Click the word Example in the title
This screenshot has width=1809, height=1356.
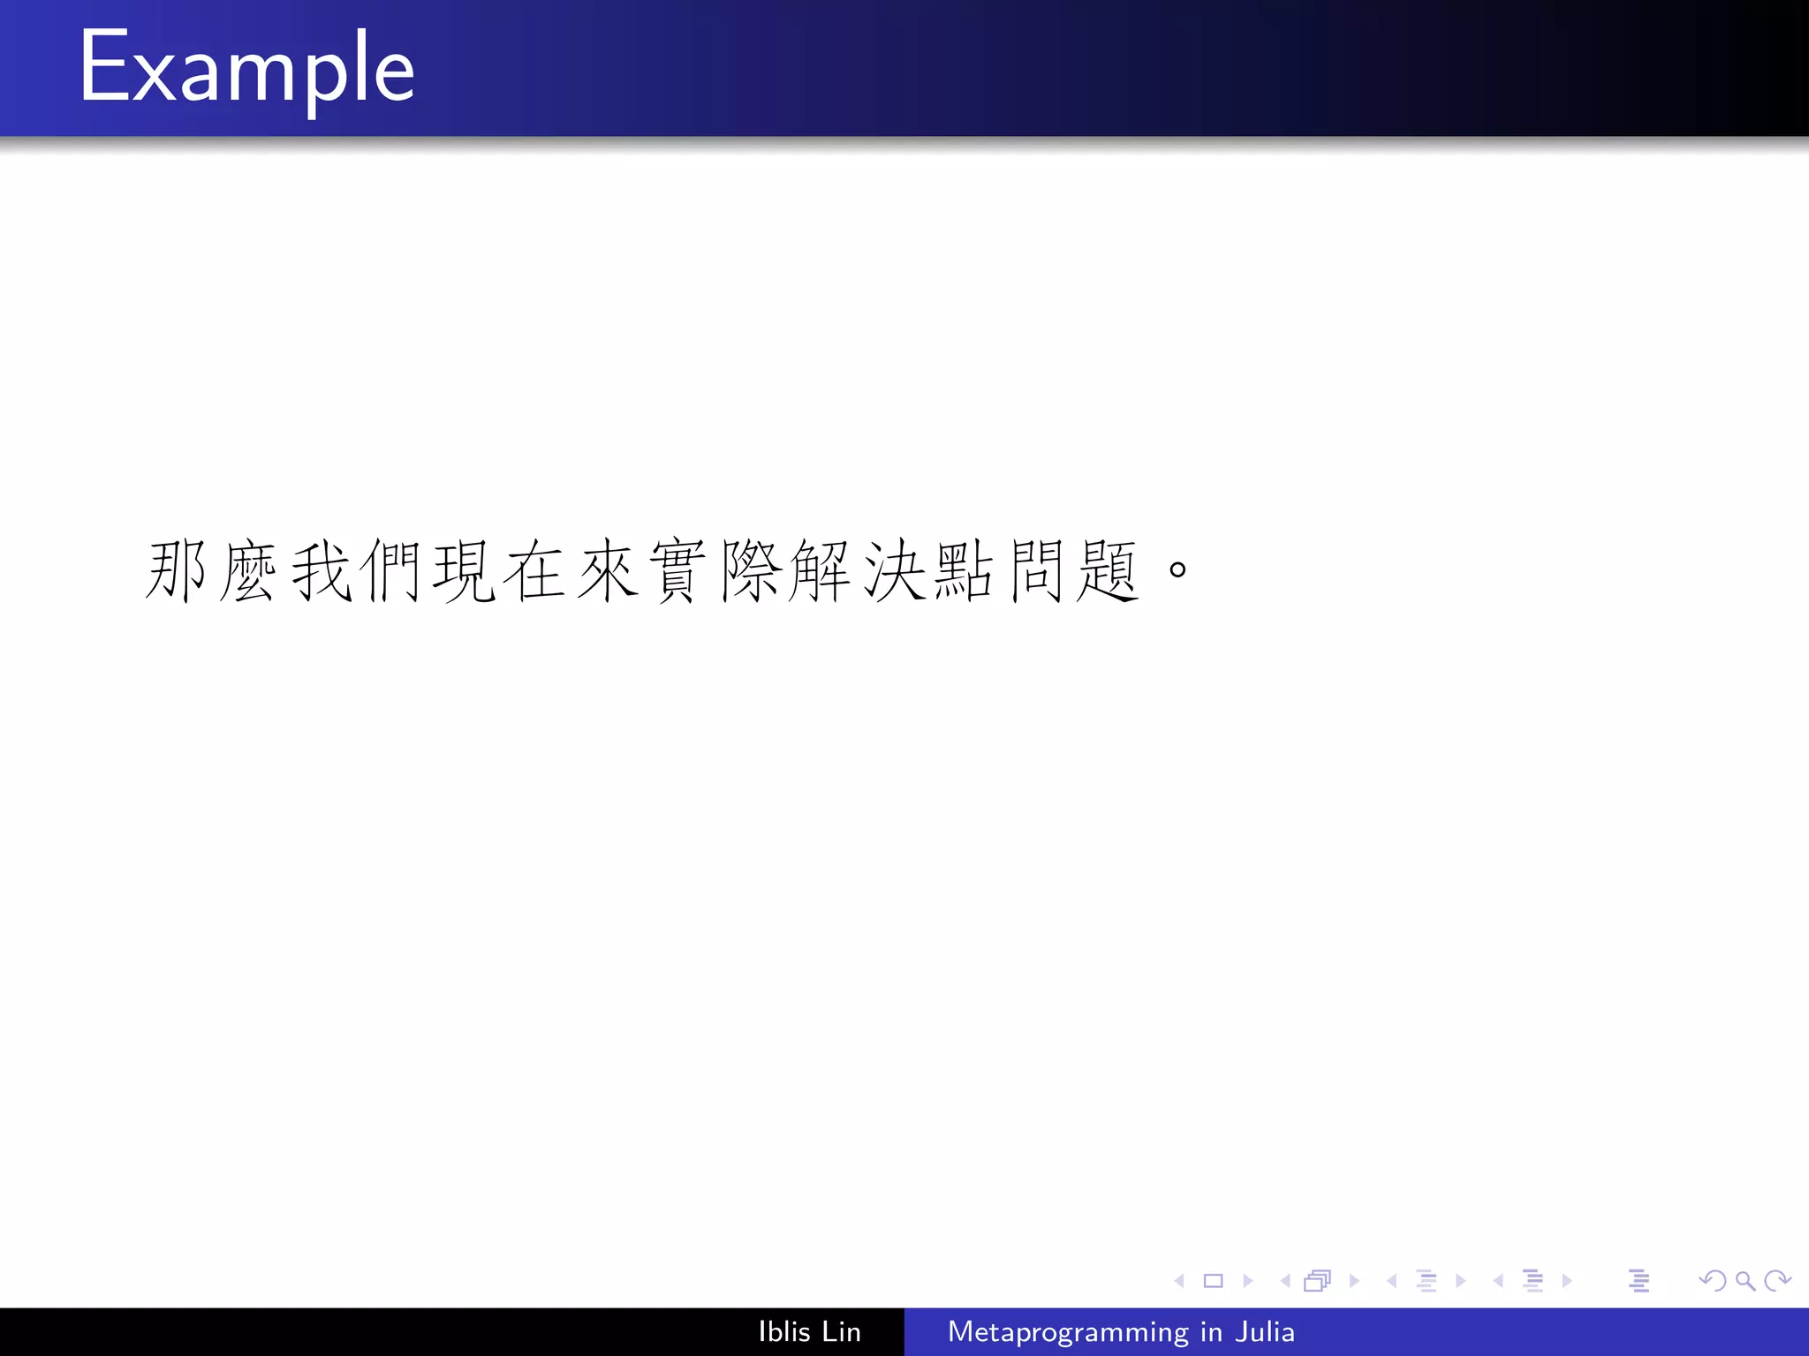click(246, 69)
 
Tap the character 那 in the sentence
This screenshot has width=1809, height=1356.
click(176, 571)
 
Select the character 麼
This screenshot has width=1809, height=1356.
click(247, 571)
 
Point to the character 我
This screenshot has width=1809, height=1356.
click(320, 571)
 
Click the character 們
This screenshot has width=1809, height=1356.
click(391, 571)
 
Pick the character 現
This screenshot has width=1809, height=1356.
click(464, 571)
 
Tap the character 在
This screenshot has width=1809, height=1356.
click(535, 571)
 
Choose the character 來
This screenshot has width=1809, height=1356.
click(608, 571)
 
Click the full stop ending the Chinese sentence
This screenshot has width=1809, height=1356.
click(1177, 569)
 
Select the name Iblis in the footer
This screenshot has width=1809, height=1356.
click(784, 1331)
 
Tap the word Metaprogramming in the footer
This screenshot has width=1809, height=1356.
click(1068, 1332)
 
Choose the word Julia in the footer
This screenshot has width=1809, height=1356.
click(1265, 1331)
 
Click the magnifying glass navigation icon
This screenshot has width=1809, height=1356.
click(1745, 1280)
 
